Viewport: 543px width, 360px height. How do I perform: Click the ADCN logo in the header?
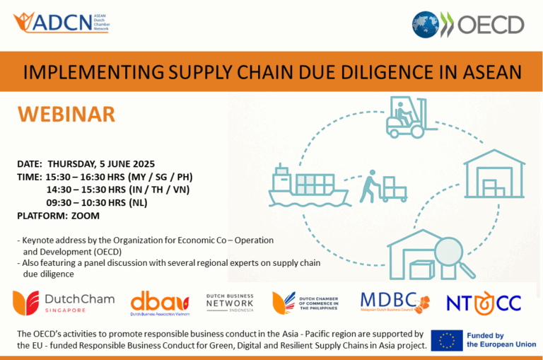coord(60,22)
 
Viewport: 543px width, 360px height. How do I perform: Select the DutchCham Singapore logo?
coord(63,303)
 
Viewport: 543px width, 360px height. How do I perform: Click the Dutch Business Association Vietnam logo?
coord(160,303)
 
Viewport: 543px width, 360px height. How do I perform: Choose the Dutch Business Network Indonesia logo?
coord(229,303)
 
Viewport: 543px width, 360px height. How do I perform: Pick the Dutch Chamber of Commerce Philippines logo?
coord(306,303)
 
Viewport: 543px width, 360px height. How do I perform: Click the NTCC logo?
coord(484,303)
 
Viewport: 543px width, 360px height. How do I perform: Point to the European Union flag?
coord(447,340)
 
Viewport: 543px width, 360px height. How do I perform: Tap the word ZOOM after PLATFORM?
coord(86,216)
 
